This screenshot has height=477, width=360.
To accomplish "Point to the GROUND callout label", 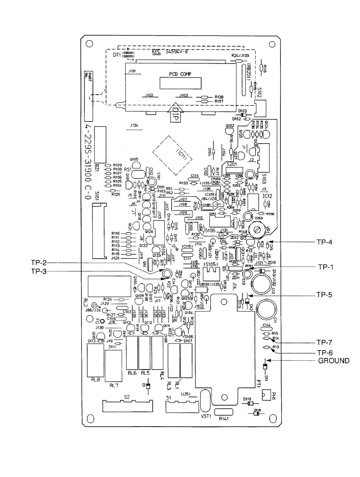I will (x=333, y=361).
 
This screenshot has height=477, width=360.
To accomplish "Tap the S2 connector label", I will (x=127, y=397).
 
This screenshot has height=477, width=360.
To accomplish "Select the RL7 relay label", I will (x=114, y=385).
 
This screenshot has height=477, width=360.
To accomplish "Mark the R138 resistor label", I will (x=219, y=97).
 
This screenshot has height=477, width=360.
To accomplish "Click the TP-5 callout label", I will (x=325, y=293).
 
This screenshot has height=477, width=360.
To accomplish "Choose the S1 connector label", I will (x=169, y=397).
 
